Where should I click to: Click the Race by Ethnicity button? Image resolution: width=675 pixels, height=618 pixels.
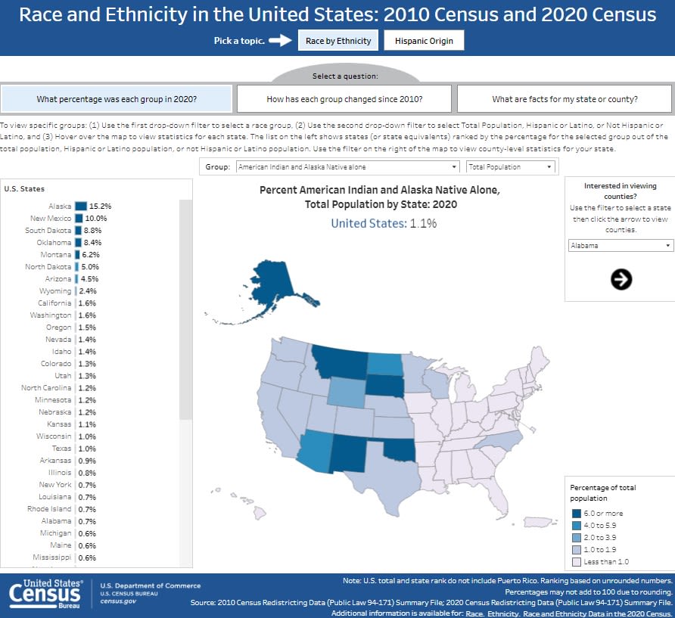point(338,41)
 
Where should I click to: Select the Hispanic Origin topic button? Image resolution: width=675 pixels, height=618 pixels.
point(424,41)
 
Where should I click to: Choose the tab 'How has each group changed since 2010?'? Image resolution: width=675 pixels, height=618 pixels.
point(344,99)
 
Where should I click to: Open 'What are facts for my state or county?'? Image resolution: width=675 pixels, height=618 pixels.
point(565,99)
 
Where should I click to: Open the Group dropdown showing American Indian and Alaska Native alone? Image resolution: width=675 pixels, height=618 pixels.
point(347,167)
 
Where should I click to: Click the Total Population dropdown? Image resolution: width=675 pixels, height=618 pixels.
point(511,167)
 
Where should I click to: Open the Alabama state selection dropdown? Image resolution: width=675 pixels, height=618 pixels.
point(621,246)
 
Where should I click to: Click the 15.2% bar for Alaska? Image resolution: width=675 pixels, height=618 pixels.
point(81,206)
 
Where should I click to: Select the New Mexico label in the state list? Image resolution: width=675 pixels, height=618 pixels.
point(51,218)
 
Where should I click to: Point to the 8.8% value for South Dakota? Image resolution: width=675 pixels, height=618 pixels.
point(92,230)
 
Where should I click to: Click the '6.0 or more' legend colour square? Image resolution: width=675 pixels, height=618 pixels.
point(577,513)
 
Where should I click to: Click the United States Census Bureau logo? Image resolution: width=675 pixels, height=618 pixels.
point(45,594)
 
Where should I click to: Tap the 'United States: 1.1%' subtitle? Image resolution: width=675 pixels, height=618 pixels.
point(384,223)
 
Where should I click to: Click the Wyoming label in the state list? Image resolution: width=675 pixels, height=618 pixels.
point(55,291)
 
